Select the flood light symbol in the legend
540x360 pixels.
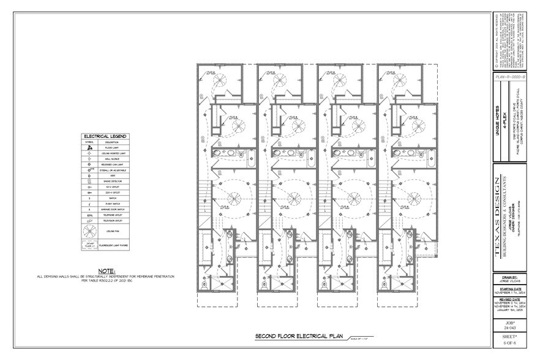[90, 148]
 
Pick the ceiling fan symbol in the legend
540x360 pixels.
[90, 231]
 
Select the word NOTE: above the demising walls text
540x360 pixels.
[108, 270]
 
